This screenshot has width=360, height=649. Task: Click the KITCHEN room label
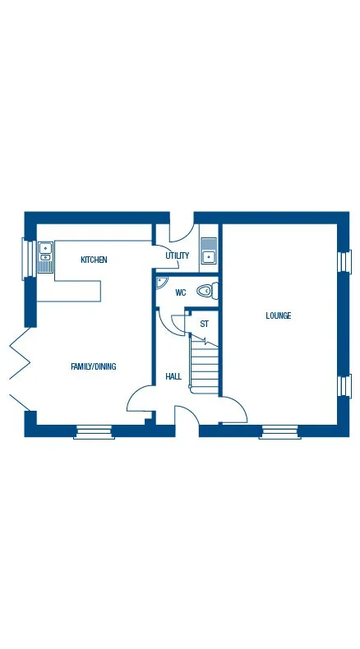[94, 260]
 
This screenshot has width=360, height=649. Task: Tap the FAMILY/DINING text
[93, 366]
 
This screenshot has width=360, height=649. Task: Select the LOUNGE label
[278, 315]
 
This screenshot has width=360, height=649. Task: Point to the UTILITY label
[177, 255]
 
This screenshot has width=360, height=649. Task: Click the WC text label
[180, 292]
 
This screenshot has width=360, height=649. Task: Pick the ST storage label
[204, 324]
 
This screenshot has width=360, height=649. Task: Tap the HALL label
[173, 376]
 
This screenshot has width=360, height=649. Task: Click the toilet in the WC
[208, 291]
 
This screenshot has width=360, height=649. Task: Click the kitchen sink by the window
[44, 255]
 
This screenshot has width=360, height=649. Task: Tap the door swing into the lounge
[233, 411]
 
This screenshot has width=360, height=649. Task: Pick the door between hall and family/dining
[139, 399]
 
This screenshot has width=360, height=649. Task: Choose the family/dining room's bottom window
[93, 431]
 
